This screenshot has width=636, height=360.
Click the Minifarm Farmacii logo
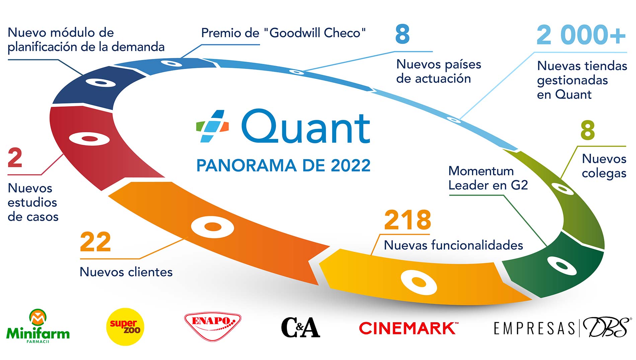point(38,326)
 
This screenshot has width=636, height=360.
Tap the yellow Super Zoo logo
point(125,327)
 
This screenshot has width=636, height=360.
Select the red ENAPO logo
point(213,326)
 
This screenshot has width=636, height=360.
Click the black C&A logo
point(301,327)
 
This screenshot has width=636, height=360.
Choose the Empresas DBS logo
point(562,327)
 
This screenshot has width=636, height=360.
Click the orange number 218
point(407,220)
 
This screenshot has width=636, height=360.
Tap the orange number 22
point(95,242)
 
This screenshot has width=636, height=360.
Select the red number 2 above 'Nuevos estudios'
point(15,157)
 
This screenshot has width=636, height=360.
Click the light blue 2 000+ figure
point(581,35)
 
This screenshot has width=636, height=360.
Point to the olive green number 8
point(587,130)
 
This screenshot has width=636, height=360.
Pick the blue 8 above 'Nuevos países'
point(402,34)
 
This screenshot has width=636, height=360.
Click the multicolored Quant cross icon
point(212,126)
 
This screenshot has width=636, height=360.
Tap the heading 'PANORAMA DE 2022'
point(283,165)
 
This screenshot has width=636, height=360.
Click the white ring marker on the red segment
point(89,139)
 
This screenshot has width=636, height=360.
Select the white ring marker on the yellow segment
point(419,282)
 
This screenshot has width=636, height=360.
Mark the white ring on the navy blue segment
point(101,82)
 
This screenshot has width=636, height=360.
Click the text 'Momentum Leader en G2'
point(488,178)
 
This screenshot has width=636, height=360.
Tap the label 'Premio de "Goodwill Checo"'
point(283,33)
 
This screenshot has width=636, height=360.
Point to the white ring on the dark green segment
point(561,266)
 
